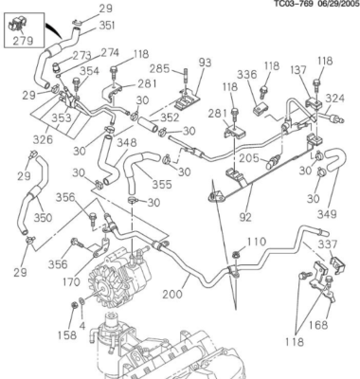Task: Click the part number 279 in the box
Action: [x=23, y=41]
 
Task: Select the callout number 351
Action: [x=107, y=26]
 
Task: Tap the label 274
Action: [x=110, y=53]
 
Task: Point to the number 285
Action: [x=159, y=69]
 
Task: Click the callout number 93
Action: [x=205, y=63]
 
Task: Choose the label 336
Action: [x=247, y=75]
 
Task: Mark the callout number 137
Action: [x=298, y=70]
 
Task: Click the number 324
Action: [x=335, y=99]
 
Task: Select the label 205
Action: [x=249, y=158]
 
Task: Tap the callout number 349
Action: [x=327, y=214]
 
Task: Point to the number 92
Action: [x=245, y=217]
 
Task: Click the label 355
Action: [x=162, y=184]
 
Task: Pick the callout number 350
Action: [x=43, y=218]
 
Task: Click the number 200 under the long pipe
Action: [x=172, y=294]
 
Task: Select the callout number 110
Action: [x=256, y=242]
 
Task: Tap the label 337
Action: [x=328, y=244]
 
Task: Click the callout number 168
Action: [x=318, y=325]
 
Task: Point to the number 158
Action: [x=67, y=334]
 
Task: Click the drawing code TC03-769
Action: [x=294, y=4]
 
